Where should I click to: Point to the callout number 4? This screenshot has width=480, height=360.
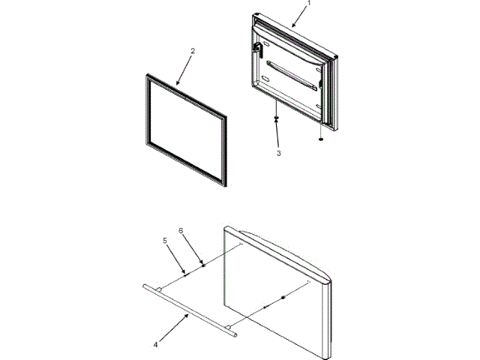[156, 346]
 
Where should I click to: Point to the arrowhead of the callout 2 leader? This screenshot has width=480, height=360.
[177, 84]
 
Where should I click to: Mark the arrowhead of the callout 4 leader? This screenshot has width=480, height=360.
[187, 316]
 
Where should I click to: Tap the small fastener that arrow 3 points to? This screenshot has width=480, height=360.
[277, 119]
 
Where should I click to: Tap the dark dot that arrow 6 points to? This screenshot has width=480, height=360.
[203, 263]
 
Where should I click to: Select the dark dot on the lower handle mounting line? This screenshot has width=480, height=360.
[283, 298]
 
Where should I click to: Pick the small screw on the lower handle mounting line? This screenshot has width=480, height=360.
[264, 307]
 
